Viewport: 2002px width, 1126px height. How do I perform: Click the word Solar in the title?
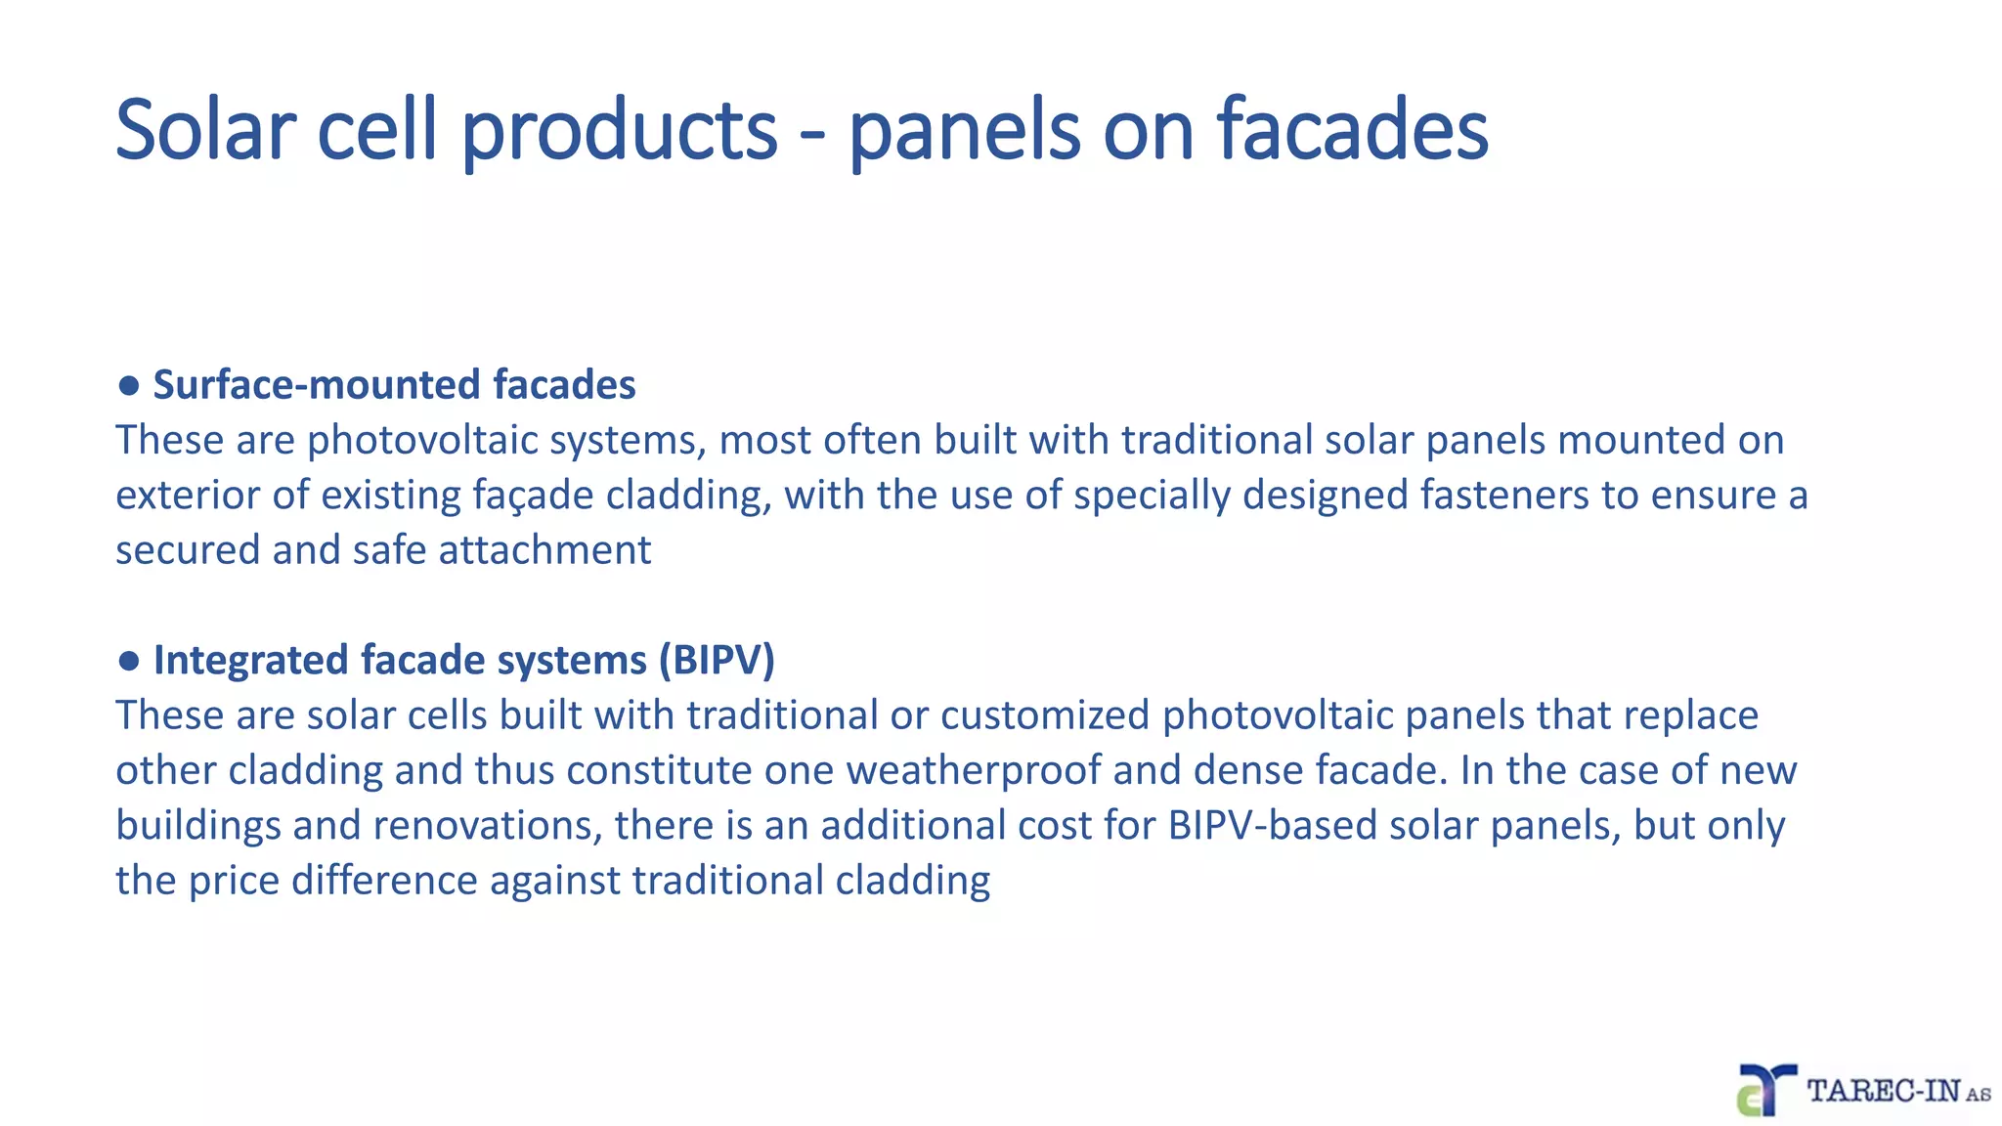coord(205,130)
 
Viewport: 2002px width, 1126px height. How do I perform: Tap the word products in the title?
coord(619,130)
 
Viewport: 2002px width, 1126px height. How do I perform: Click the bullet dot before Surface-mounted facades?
coord(128,385)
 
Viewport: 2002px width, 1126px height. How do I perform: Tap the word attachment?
coord(544,549)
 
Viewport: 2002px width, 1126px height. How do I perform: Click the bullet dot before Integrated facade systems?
coord(128,661)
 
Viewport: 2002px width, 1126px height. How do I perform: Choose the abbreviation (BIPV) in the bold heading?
coord(717,661)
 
